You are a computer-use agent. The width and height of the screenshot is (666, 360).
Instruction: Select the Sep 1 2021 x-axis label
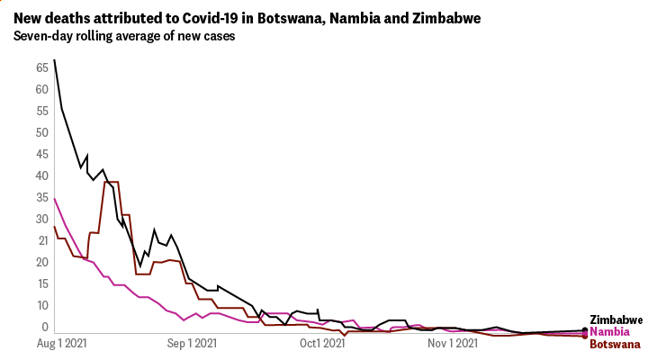coord(193,343)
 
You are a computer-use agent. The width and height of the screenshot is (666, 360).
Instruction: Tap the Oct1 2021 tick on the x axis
coord(322,343)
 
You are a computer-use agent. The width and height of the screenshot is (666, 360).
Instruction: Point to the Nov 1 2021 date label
coord(453,343)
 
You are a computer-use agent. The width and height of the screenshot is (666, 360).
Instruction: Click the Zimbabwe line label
coord(616,320)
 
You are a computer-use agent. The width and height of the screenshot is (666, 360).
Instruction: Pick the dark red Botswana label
coord(615,344)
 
